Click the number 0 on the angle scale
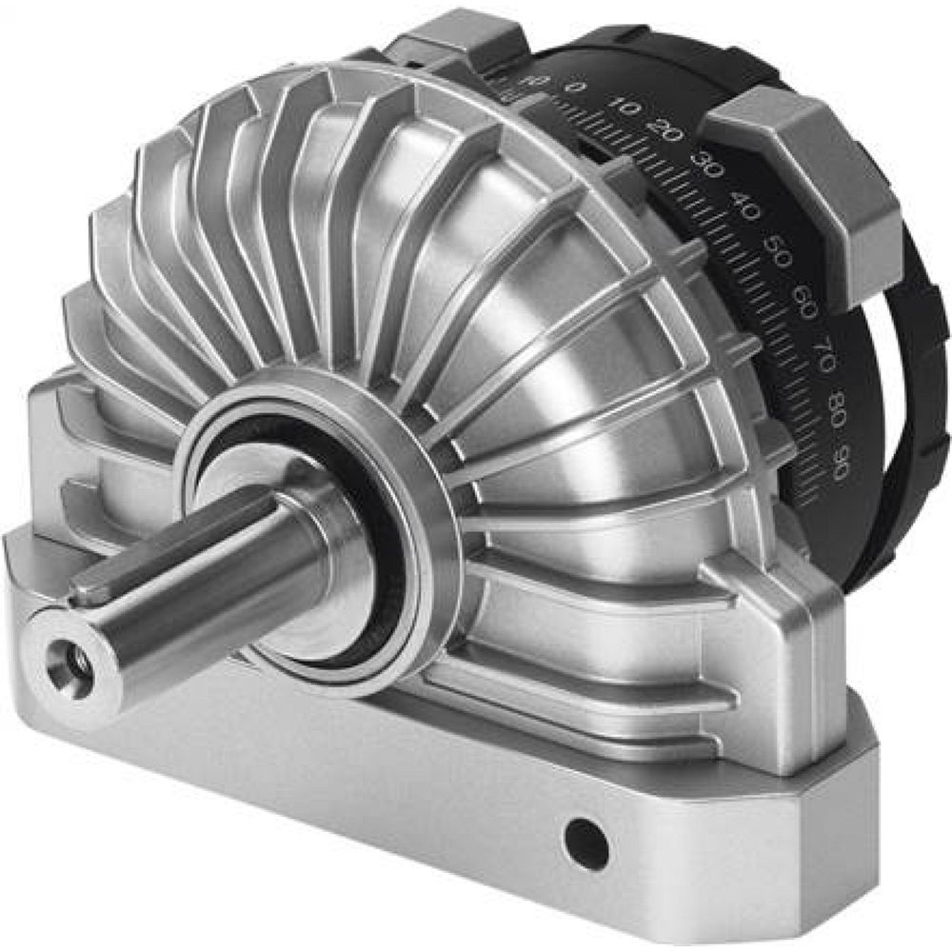coord(573,88)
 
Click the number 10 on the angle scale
coord(624,107)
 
